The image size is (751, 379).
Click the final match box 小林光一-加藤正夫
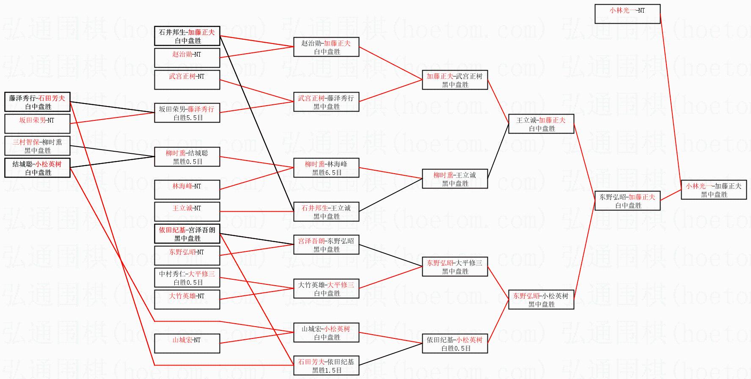(x=713, y=190)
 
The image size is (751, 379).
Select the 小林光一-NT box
(x=627, y=14)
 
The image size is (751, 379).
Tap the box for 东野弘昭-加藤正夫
(x=627, y=201)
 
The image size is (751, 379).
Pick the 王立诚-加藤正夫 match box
(x=541, y=124)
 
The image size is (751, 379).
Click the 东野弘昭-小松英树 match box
(x=541, y=300)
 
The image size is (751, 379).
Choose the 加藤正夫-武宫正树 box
(x=454, y=80)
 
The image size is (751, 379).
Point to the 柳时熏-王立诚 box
(x=454, y=179)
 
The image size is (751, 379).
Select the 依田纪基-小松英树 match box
(x=454, y=344)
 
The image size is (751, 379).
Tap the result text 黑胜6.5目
(x=327, y=173)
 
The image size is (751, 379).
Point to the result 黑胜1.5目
(x=327, y=371)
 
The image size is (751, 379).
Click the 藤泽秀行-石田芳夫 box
(x=37, y=102)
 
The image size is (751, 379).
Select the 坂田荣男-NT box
(x=37, y=124)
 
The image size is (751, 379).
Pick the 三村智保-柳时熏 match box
(x=37, y=146)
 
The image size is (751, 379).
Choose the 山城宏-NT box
(x=187, y=344)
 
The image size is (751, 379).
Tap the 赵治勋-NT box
(x=187, y=58)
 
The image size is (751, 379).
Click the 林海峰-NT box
(x=187, y=190)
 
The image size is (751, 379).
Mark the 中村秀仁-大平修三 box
(x=187, y=278)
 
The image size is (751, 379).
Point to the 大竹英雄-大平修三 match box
(x=326, y=289)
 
